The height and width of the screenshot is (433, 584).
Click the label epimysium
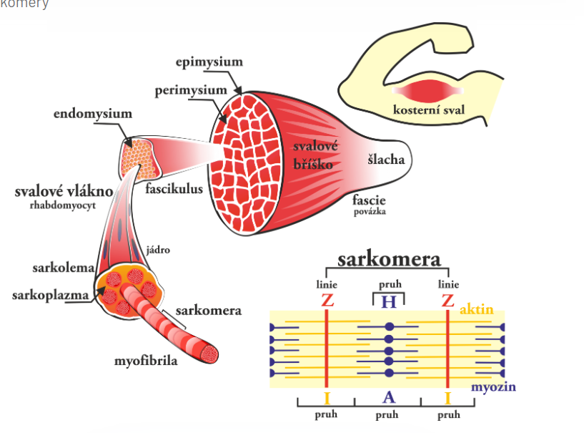(209, 62)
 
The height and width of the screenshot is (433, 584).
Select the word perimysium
(191, 90)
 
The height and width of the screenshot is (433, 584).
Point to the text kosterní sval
(427, 110)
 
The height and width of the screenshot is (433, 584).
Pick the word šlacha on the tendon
(386, 159)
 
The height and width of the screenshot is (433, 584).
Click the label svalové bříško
(315, 154)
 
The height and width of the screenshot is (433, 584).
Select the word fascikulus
(174, 190)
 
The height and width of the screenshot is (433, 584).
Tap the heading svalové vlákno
(64, 193)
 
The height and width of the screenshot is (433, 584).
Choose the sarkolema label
(64, 268)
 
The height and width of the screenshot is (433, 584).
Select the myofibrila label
(146, 361)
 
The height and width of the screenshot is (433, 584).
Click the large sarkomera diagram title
(389, 259)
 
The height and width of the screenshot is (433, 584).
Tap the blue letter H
(388, 301)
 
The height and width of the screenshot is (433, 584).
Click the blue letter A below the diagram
(388, 398)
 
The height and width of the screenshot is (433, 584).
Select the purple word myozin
(493, 387)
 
